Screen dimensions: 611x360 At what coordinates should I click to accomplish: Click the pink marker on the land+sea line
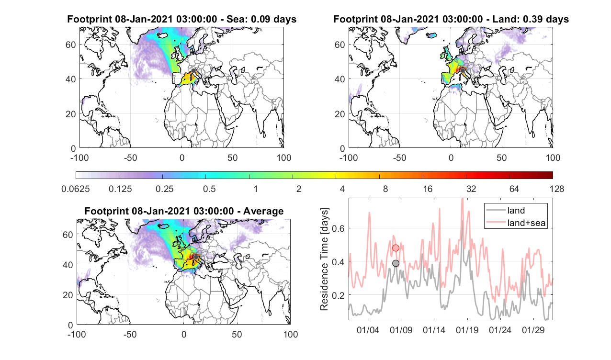396,248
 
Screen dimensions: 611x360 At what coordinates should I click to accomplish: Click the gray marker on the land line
396,263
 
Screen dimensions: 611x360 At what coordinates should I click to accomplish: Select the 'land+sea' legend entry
516,223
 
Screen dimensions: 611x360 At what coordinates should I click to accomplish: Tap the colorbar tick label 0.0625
76,189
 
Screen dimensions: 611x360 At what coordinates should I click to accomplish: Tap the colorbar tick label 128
557,189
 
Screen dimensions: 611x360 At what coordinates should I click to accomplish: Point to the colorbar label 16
428,189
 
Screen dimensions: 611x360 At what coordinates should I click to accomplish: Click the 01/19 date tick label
467,330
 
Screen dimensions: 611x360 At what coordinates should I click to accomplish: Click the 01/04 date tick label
368,330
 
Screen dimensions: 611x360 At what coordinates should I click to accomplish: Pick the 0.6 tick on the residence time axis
338,228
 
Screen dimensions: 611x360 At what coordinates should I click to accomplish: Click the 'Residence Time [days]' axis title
324,259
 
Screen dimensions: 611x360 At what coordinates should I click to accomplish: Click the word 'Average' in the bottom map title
263,211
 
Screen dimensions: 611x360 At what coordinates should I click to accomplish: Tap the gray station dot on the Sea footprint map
193,71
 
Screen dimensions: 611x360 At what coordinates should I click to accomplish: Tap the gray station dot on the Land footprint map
463,71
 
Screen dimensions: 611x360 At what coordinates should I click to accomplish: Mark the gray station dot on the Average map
196,257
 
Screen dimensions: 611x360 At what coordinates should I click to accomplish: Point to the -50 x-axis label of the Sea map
130,158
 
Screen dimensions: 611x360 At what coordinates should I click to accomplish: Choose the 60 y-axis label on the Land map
339,45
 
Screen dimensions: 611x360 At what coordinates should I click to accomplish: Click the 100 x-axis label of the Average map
291,335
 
